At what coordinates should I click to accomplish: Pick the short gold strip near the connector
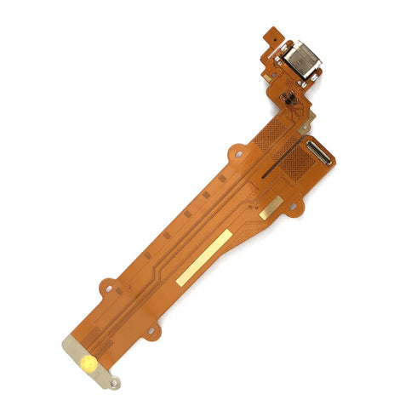click(271, 207)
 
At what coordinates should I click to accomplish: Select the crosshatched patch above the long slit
click(271, 136)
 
